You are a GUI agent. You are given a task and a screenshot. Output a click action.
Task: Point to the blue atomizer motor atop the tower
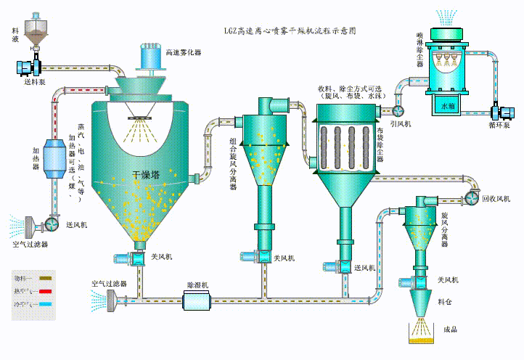[151, 55]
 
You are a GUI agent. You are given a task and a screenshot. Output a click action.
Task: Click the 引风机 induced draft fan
[398, 110]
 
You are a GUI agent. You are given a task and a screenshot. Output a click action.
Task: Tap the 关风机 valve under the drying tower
[138, 257]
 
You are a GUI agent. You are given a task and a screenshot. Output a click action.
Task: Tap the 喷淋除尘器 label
[420, 50]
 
